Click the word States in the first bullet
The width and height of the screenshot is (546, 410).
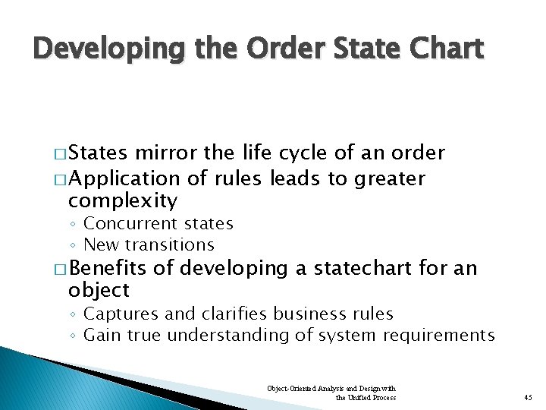99,153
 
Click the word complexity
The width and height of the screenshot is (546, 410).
122,201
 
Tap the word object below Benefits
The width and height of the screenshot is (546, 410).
99,290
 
